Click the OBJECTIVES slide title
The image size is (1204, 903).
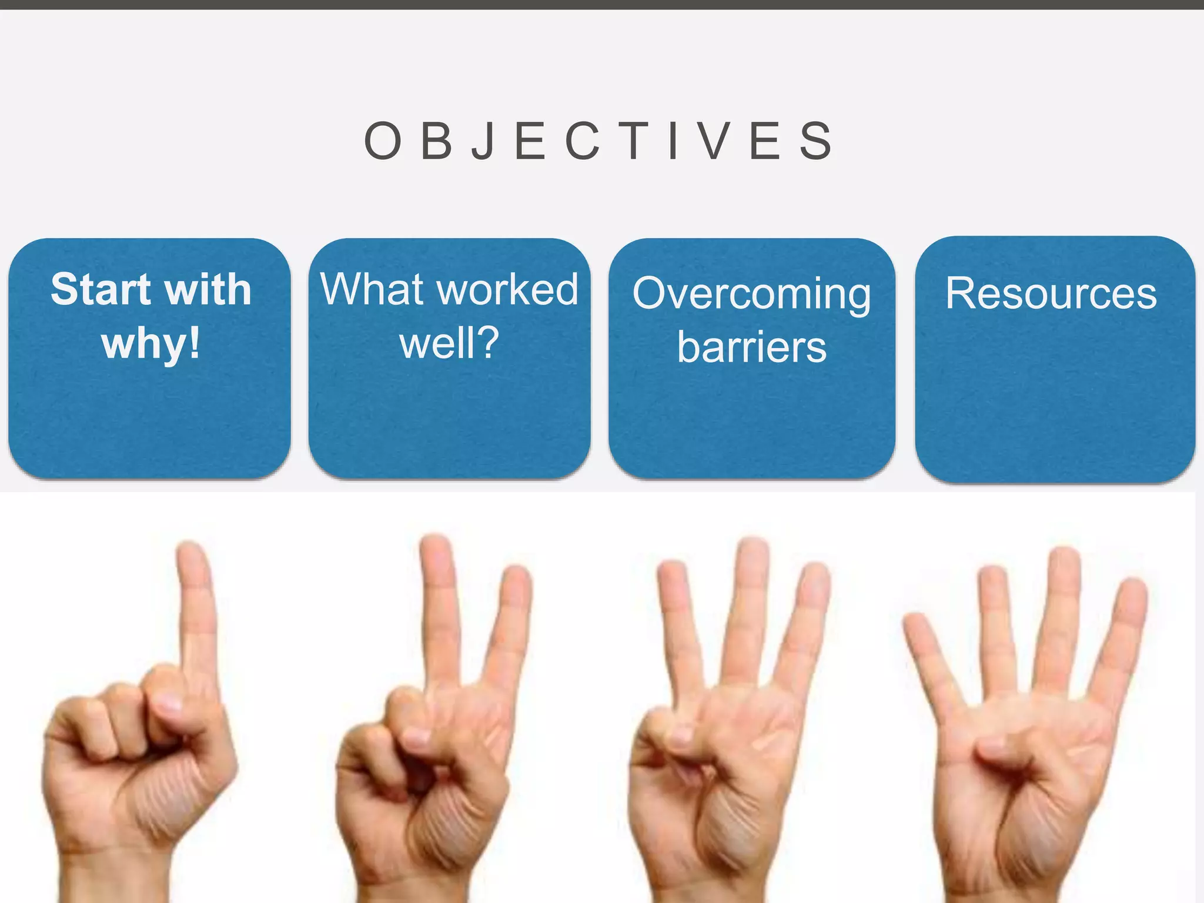(x=598, y=141)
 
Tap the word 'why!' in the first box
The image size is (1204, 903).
(x=150, y=344)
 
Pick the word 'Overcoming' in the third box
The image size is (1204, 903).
(x=751, y=294)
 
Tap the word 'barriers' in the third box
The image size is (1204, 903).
(x=751, y=347)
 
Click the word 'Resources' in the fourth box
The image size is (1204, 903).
(x=1051, y=293)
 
